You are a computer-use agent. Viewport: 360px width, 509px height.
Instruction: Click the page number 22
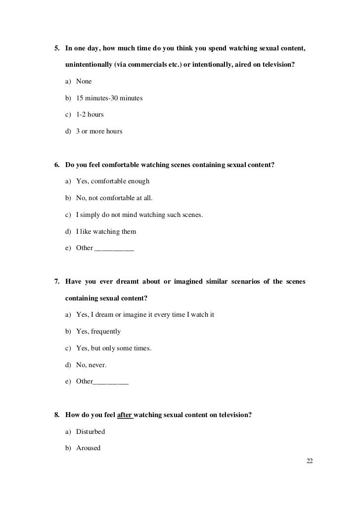coord(310,461)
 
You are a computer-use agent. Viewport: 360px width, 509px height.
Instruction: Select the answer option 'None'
coord(84,81)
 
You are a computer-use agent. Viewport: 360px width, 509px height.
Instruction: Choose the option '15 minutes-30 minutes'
coord(109,98)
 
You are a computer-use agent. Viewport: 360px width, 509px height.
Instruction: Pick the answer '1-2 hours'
coord(90,115)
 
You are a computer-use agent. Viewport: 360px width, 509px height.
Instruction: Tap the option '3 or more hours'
coord(99,131)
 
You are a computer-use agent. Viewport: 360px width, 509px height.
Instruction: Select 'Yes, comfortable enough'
coord(112,181)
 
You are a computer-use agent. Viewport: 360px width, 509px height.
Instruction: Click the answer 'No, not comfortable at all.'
coord(114,198)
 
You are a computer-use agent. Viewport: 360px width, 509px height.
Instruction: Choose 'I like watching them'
coord(106,231)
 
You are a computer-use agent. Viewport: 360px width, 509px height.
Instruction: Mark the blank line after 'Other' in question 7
coord(111,382)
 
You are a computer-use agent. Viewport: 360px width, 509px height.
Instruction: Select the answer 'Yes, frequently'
coord(98,331)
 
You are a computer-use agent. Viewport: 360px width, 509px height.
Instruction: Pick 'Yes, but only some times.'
coord(114,348)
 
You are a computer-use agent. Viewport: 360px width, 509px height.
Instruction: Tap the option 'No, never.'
coord(91,365)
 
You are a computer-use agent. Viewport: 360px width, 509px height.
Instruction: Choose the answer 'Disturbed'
coord(90,431)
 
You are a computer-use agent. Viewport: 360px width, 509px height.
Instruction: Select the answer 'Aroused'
coord(88,448)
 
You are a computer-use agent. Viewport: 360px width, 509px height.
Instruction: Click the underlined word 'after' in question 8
coord(125,415)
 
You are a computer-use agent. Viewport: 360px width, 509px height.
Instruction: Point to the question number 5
coord(56,48)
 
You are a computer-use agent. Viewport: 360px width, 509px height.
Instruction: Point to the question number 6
coord(56,165)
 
